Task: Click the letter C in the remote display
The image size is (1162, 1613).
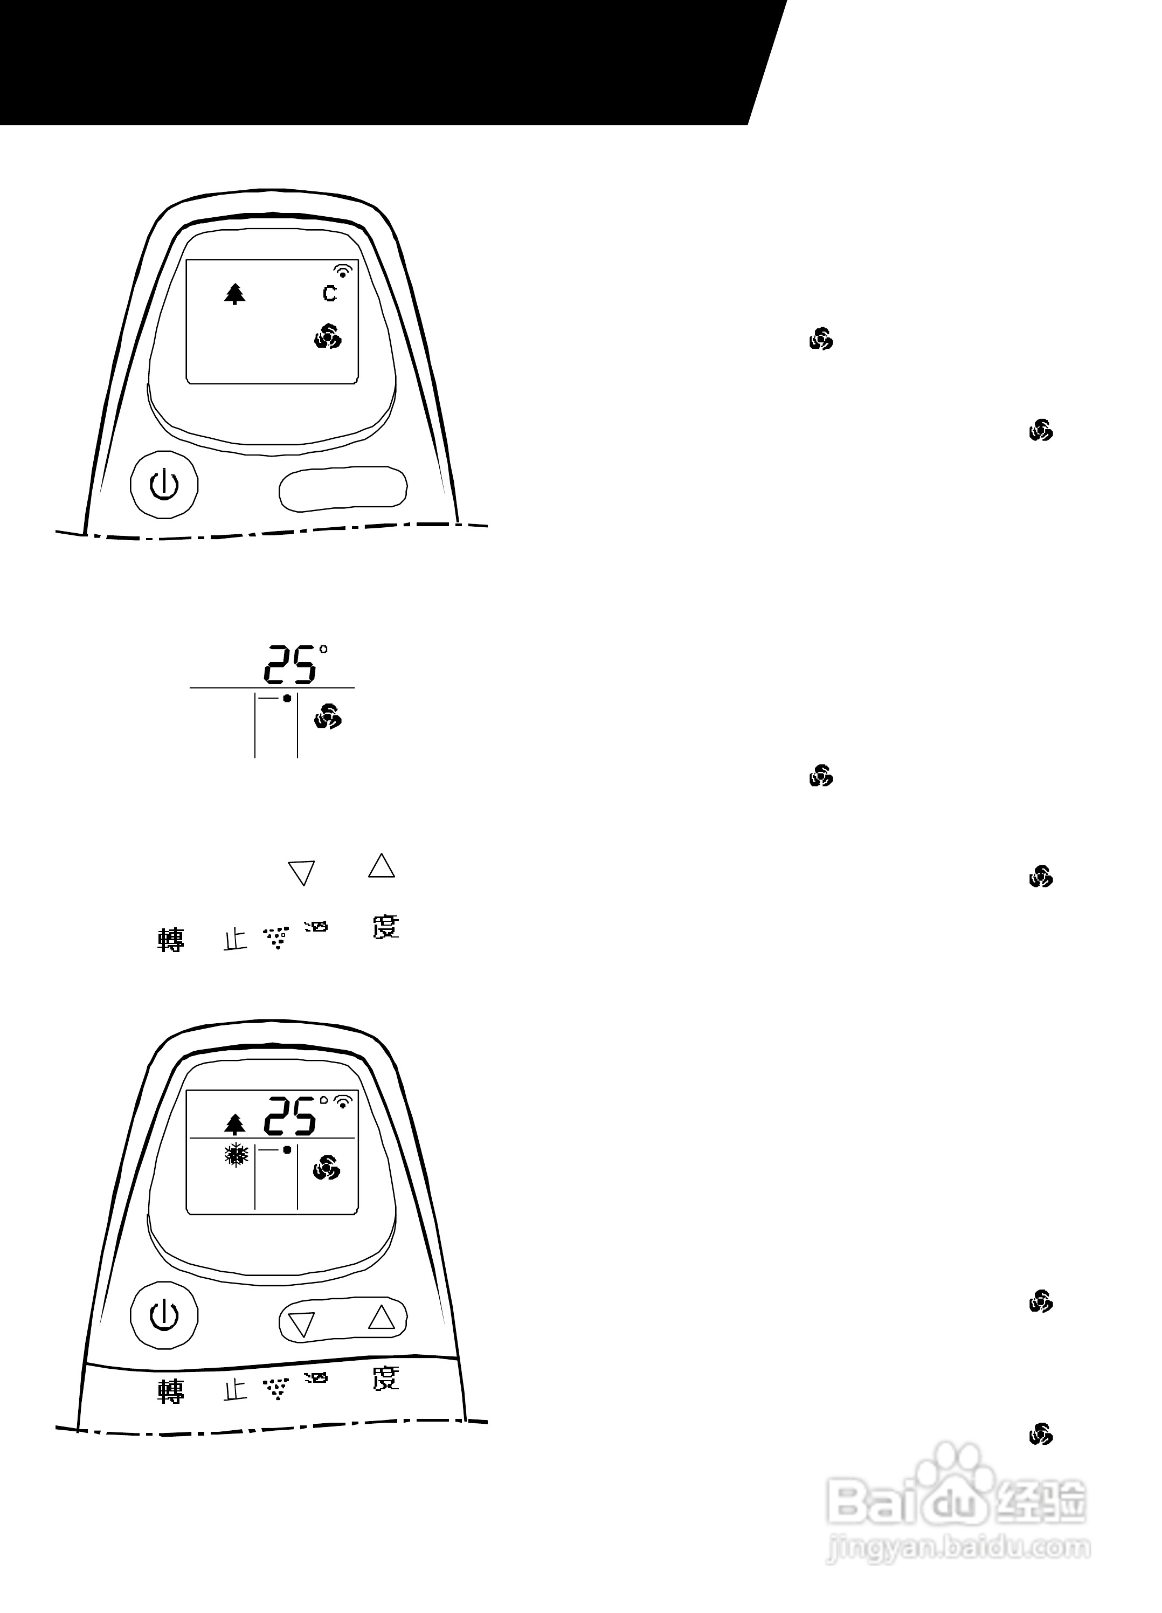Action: coord(329,293)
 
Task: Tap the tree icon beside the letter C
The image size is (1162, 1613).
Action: coord(234,293)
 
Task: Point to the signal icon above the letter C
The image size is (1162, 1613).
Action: coord(343,270)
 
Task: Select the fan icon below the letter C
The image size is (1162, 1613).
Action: coord(328,336)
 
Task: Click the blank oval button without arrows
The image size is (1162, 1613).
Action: coord(343,488)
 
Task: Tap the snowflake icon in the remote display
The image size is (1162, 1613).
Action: coord(236,1155)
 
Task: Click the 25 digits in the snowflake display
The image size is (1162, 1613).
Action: coord(290,1116)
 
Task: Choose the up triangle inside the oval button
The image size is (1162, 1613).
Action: coord(381,1317)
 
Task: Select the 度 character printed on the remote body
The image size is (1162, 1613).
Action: coord(386,1378)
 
